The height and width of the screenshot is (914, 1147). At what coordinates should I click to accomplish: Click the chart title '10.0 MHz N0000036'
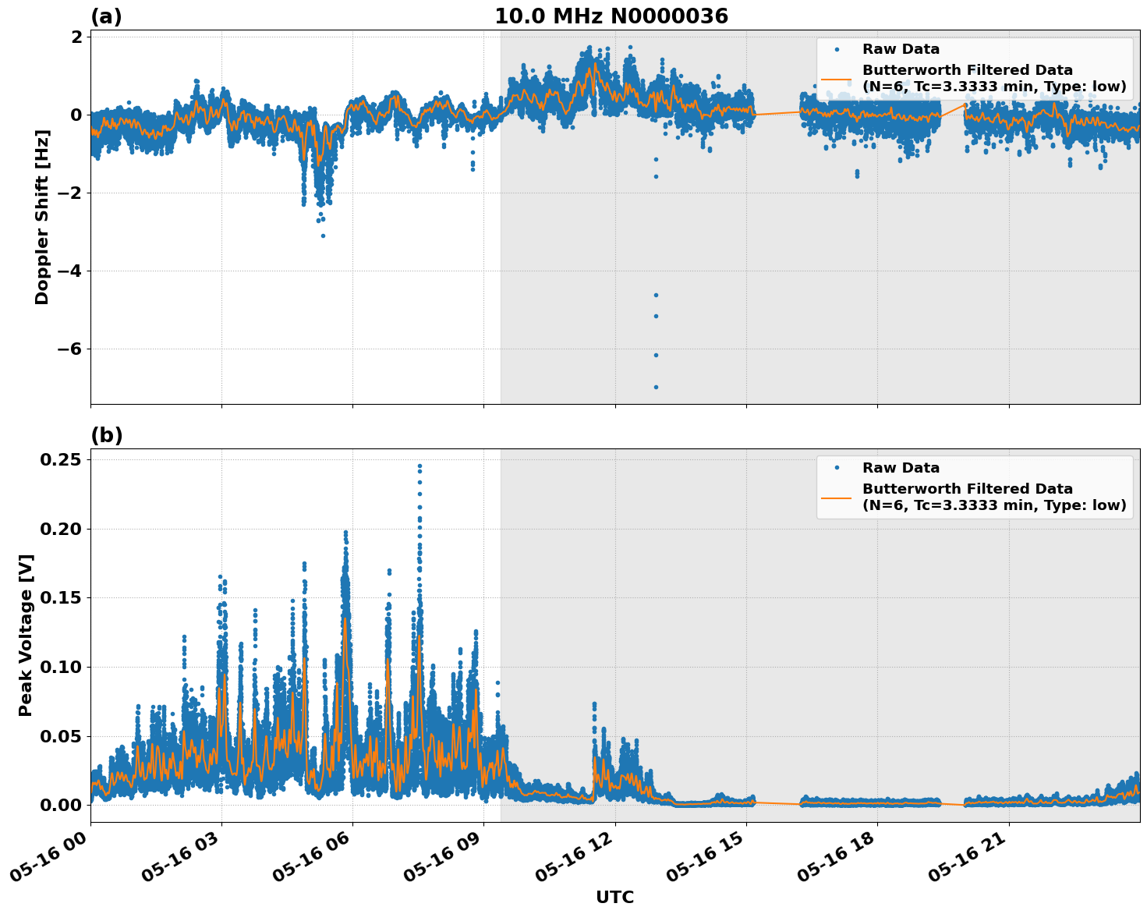tap(611, 16)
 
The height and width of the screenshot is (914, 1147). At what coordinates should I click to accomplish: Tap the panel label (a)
tap(106, 16)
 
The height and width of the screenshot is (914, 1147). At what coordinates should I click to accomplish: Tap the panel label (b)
tap(106, 435)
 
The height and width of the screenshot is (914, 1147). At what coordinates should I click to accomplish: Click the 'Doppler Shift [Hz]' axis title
tap(42, 217)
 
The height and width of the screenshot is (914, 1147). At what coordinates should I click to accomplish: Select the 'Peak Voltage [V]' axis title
tap(26, 635)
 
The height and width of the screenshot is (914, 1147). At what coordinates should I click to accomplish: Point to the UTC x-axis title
tap(614, 897)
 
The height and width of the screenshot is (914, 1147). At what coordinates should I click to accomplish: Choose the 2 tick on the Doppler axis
tap(76, 37)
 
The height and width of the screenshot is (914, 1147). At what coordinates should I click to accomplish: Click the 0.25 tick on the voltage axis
tap(60, 459)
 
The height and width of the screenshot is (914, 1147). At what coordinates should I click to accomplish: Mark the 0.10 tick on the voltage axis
tap(60, 667)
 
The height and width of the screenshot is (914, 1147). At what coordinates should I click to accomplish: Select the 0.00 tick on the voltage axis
tap(60, 805)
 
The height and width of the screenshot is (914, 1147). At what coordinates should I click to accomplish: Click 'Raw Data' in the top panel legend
tap(901, 49)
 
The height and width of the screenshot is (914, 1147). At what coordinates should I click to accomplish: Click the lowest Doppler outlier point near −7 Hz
tap(656, 387)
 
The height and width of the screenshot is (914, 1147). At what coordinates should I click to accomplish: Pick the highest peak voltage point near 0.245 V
tap(420, 466)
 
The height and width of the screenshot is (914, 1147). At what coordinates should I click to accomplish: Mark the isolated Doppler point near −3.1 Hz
tap(323, 236)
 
